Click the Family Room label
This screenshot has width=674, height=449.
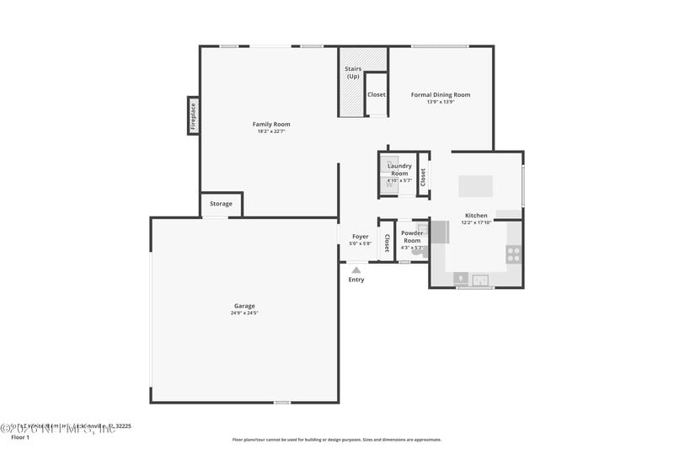(x=271, y=124)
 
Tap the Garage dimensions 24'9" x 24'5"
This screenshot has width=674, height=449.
(x=244, y=313)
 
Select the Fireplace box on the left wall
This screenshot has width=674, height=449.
(x=193, y=115)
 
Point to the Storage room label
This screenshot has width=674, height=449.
(x=221, y=204)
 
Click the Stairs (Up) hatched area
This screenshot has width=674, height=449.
(x=352, y=83)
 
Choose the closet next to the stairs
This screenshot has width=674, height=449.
(x=377, y=94)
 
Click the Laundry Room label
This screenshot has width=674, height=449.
(x=399, y=169)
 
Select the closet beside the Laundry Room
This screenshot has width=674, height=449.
(x=423, y=176)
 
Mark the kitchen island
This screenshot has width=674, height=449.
(x=475, y=185)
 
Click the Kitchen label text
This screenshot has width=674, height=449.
(x=476, y=216)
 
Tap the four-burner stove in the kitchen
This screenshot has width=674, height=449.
(x=513, y=254)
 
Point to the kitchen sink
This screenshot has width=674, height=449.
(x=481, y=280)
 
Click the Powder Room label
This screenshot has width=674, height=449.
(x=412, y=237)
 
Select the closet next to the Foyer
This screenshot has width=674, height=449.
(x=387, y=242)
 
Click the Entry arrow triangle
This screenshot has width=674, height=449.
(x=356, y=270)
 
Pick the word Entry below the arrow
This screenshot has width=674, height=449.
(x=356, y=280)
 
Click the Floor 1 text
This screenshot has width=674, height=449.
(x=19, y=437)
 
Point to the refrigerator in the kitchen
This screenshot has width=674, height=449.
(x=440, y=232)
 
